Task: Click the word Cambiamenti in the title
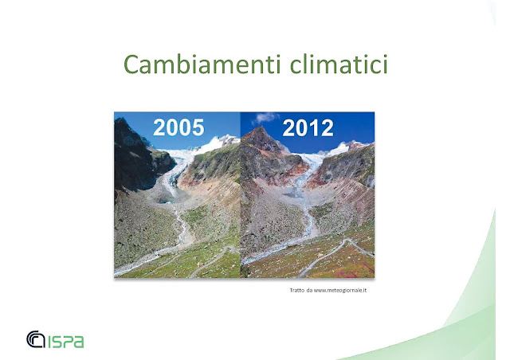pyautogui.click(x=202, y=64)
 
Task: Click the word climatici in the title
pyautogui.click(x=339, y=64)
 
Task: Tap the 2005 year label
pyautogui.click(x=178, y=127)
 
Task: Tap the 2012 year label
pyautogui.click(x=308, y=127)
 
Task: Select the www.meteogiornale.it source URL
pyautogui.click(x=340, y=290)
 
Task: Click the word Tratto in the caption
pyautogui.click(x=297, y=290)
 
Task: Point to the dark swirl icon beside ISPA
pyautogui.click(x=35, y=338)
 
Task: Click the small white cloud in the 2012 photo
pyautogui.click(x=265, y=117)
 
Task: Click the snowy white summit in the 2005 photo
pyautogui.click(x=222, y=142)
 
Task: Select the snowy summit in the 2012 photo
pyautogui.click(x=345, y=148)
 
